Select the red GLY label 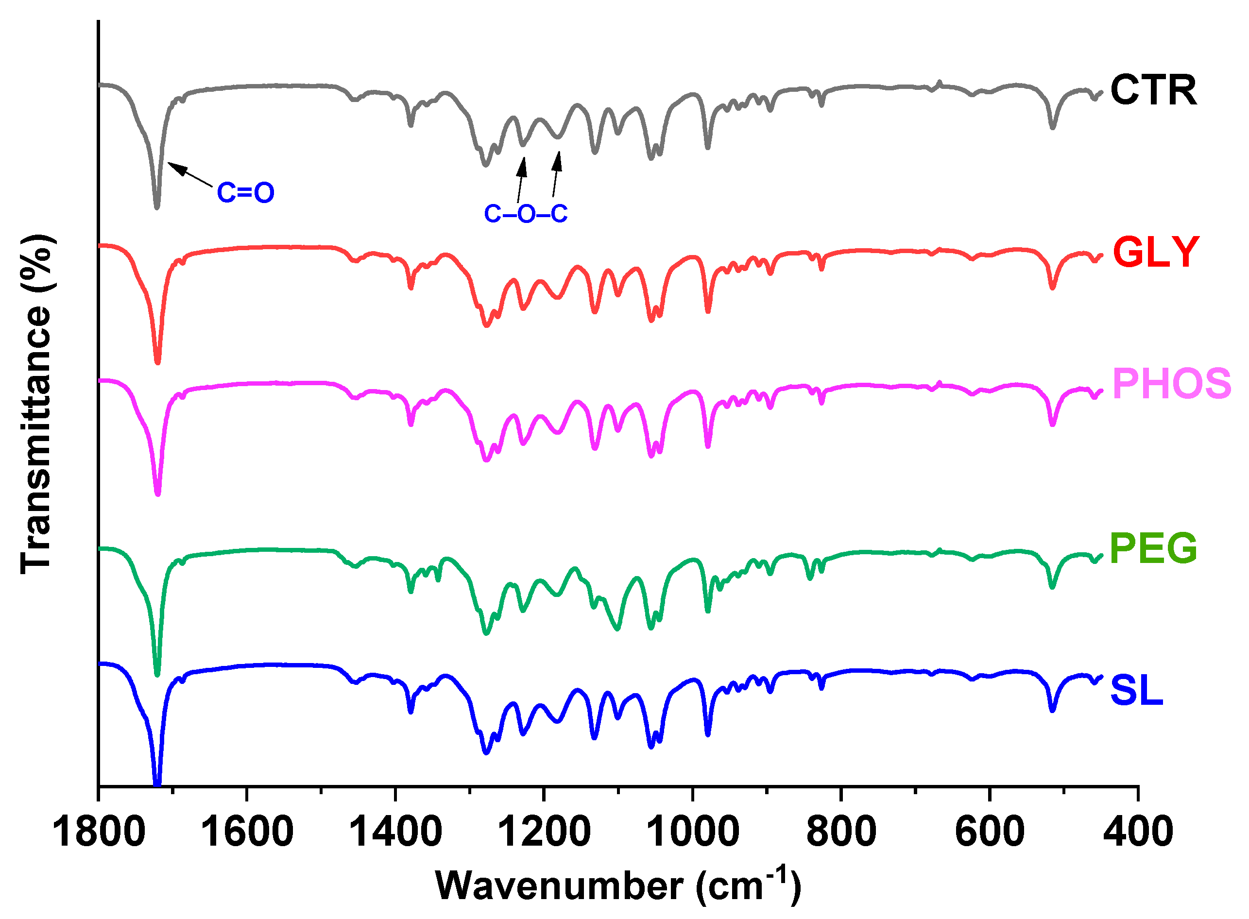[x=1156, y=252]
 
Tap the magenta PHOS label [x=1172, y=384]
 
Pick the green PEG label [x=1153, y=548]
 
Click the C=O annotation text [x=245, y=192]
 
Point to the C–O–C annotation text [x=525, y=214]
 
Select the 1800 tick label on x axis [x=99, y=832]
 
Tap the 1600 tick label [x=247, y=832]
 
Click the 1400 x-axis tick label [x=395, y=832]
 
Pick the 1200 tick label [x=544, y=832]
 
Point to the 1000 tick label [x=693, y=832]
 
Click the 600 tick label [x=990, y=832]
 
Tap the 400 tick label [x=1138, y=832]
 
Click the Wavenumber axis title [x=617, y=885]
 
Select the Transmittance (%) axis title [x=36, y=404]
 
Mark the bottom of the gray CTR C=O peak [x=157, y=207]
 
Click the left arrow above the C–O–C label [x=521, y=180]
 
